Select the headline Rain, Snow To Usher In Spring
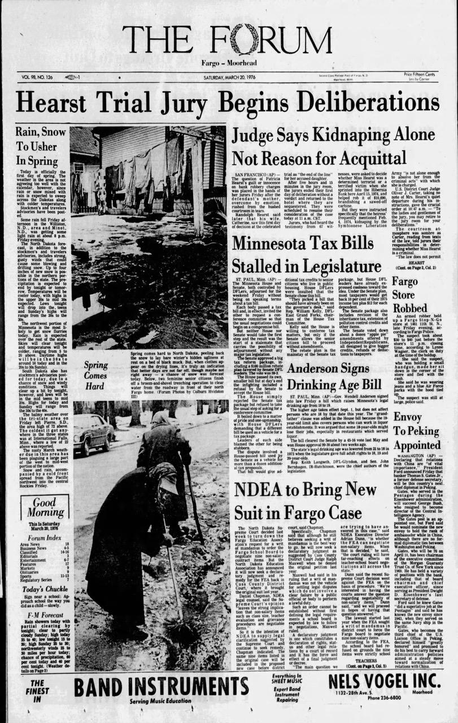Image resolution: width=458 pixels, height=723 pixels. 36,147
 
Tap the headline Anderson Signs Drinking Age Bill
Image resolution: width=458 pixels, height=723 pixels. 334,377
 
